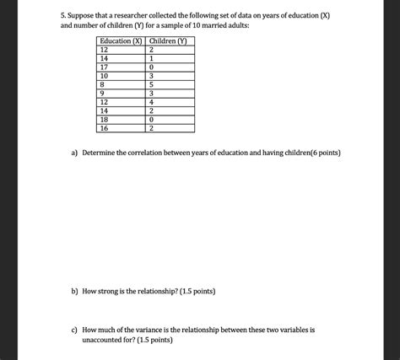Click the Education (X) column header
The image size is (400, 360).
click(120, 41)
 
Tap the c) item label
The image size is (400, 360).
click(75, 330)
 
